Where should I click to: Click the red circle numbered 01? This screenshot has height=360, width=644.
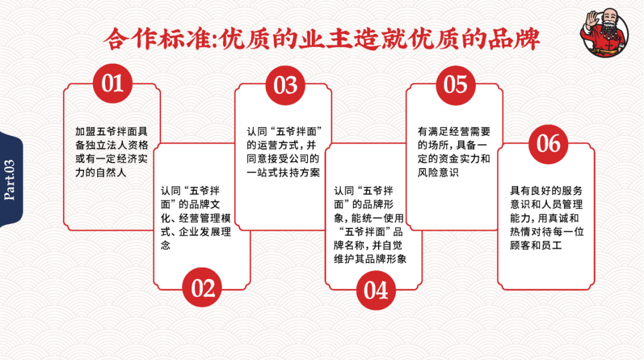tap(112, 83)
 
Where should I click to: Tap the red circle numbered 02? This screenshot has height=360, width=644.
tap(203, 288)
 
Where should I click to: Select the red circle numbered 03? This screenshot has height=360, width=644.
tap(285, 85)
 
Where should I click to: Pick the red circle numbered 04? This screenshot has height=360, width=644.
tap(376, 290)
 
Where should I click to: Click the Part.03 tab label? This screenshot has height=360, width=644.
tap(10, 179)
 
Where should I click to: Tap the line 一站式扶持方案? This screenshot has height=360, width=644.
tap(283, 173)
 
